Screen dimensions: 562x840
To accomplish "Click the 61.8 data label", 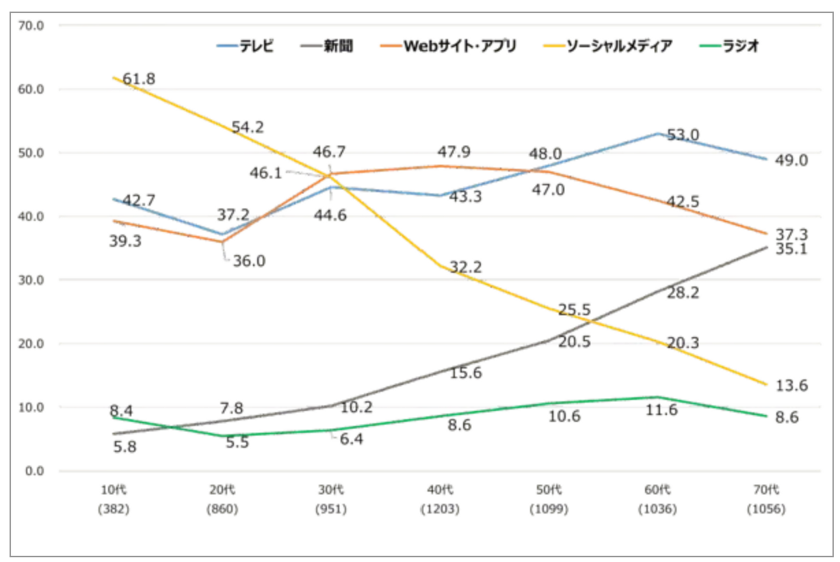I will point(139,79).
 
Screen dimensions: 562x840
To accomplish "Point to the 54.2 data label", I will point(248,126).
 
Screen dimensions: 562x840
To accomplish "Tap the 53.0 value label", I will point(683,135).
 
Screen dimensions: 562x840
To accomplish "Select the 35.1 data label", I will point(791,249).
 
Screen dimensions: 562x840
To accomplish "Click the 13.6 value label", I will point(791,385).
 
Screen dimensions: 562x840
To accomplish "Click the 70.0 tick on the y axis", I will point(33,25).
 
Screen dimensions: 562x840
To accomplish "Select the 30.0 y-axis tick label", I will point(33,280).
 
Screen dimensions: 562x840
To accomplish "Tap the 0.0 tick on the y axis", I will point(36,470).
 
